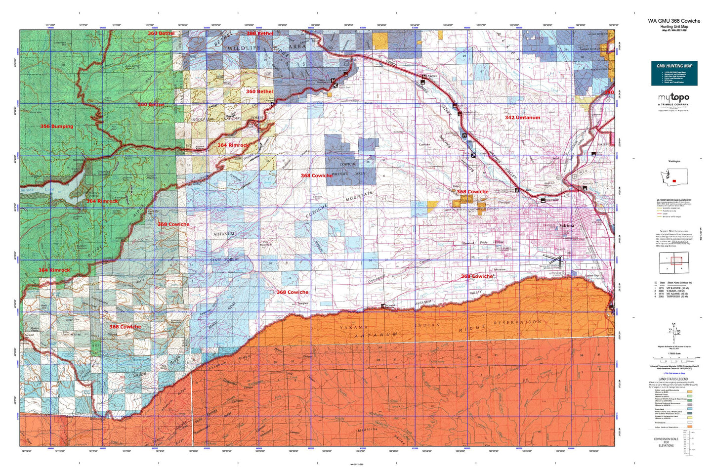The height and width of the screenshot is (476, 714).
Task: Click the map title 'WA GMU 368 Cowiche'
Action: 674,21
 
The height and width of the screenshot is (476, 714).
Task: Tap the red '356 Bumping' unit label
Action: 56,127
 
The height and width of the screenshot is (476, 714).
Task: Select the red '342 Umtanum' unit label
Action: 522,118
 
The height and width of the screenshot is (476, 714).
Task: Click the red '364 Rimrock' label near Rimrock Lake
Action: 102,201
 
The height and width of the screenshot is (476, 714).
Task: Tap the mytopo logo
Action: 673,98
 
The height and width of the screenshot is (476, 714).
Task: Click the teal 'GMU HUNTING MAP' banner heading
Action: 674,66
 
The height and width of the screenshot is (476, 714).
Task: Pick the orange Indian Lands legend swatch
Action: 690,427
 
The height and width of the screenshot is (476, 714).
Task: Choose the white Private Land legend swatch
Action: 690,422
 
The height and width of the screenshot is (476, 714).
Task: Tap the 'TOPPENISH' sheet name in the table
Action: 674,297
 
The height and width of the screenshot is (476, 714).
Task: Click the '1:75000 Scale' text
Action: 673,353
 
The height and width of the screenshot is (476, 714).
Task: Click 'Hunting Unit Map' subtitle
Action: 674,26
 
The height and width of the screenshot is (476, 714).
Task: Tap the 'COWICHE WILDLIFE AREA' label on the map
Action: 348,169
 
